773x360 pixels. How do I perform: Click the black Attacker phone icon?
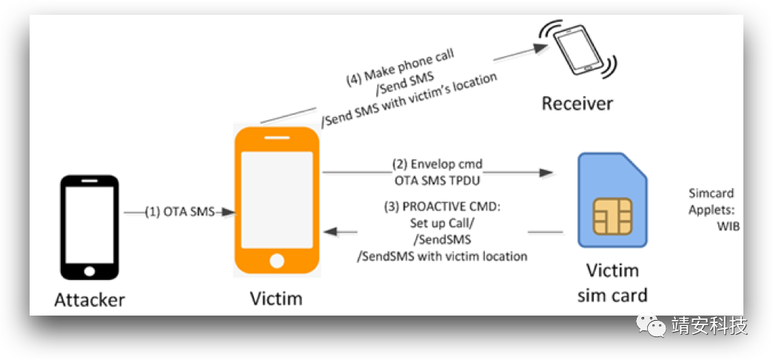90,227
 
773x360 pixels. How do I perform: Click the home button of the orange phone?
277,261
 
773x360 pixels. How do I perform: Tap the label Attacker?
90,300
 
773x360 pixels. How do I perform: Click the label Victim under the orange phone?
276,299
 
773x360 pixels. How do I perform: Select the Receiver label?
577,103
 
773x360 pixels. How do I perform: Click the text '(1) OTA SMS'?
180,213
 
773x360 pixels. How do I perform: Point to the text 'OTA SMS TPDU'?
437,178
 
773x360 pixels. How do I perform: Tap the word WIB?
729,227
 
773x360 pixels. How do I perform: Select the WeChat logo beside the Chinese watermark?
652,326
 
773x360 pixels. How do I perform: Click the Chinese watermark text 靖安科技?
709,326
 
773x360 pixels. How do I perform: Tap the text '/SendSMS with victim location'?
442,256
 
